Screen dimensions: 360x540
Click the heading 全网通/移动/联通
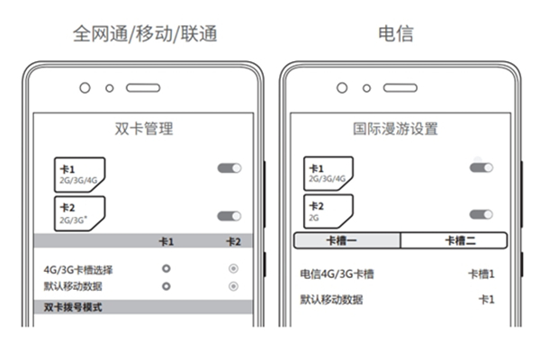pyautogui.click(x=145, y=34)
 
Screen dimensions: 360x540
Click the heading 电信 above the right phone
pyautogui.click(x=395, y=34)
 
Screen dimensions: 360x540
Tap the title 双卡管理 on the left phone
pyautogui.click(x=144, y=128)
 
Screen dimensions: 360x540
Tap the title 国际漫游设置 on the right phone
pyautogui.click(x=395, y=128)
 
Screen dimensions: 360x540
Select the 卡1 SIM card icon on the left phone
pyautogui.click(x=78, y=173)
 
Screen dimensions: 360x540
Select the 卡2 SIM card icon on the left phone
pyautogui.click(x=78, y=213)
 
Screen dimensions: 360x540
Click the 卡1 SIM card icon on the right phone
pyautogui.click(x=328, y=173)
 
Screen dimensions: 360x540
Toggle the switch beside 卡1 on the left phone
pyautogui.click(x=229, y=168)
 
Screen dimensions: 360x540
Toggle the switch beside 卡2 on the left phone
pyautogui.click(x=229, y=216)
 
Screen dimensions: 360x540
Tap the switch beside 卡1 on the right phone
pyautogui.click(x=481, y=167)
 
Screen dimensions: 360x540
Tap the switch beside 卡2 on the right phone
pyautogui.click(x=481, y=214)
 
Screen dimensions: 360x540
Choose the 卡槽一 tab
pyautogui.click(x=347, y=240)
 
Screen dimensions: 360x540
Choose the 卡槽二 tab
pyautogui.click(x=454, y=240)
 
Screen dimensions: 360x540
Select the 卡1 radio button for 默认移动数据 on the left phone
pyautogui.click(x=166, y=285)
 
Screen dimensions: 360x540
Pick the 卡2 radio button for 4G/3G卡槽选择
pyautogui.click(x=233, y=269)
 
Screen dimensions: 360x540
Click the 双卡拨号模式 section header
pyautogui.click(x=74, y=307)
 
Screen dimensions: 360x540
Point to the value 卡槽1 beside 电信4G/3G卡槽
pyautogui.click(x=481, y=274)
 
